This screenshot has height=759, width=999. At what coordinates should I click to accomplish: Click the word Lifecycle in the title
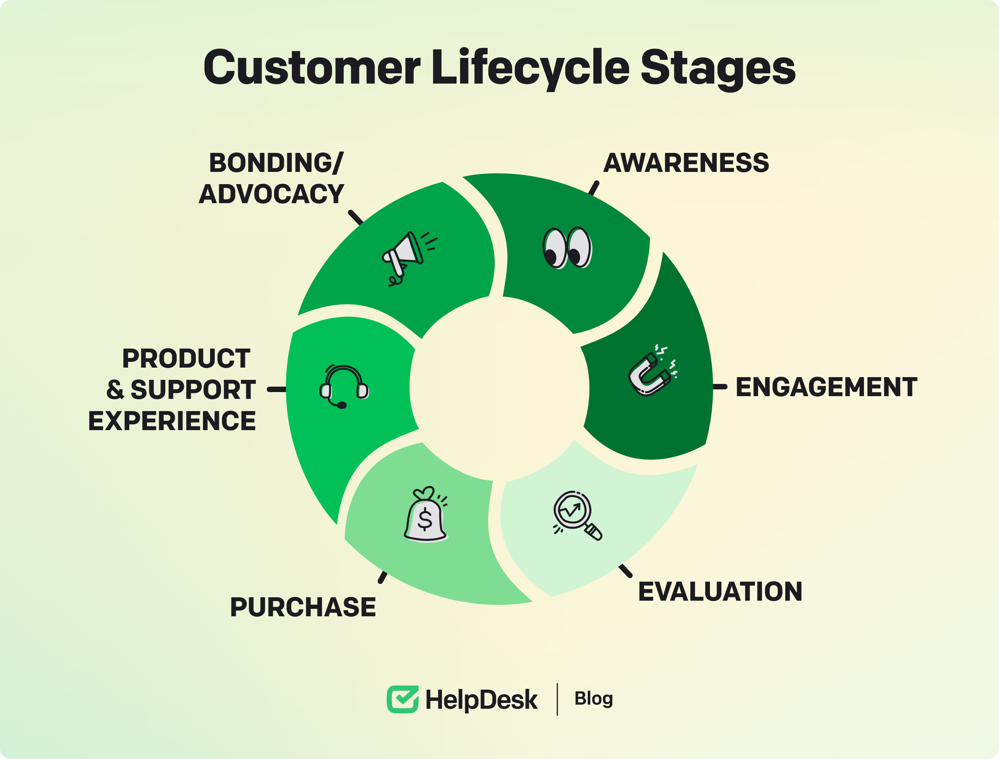click(530, 68)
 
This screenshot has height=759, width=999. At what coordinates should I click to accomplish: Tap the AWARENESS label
click(686, 163)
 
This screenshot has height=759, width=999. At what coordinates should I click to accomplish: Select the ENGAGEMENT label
click(826, 387)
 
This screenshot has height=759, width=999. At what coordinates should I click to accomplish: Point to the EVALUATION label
click(720, 592)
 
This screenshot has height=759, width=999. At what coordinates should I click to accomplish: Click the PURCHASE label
click(303, 607)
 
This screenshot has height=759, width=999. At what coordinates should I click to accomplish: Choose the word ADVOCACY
click(271, 194)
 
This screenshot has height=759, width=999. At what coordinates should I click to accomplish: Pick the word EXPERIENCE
click(172, 421)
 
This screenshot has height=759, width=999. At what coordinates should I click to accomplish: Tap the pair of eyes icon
click(567, 248)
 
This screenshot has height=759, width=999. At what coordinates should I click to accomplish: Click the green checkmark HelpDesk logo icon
click(402, 699)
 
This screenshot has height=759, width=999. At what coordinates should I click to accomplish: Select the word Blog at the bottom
click(593, 699)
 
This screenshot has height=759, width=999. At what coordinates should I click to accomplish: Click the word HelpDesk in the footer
click(482, 700)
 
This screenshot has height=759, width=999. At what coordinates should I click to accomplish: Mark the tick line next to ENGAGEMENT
click(720, 387)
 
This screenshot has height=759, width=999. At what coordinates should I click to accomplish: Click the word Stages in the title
click(718, 68)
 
